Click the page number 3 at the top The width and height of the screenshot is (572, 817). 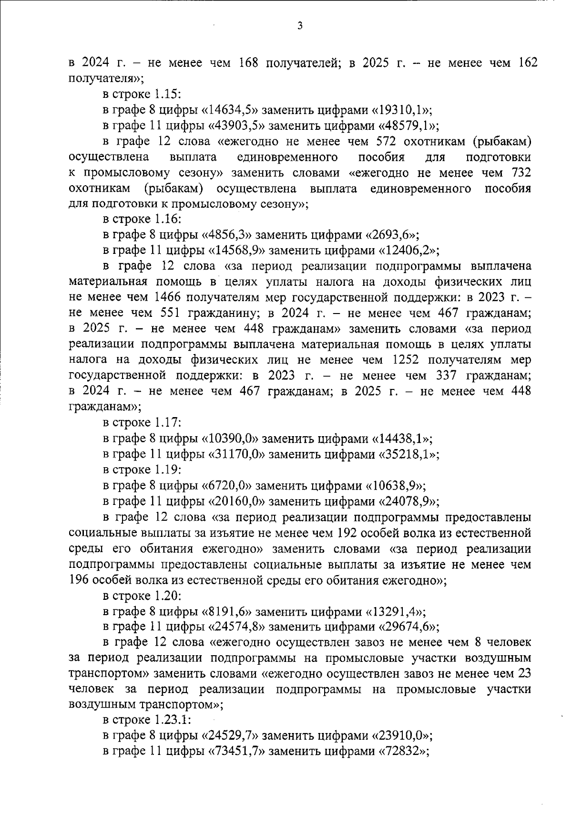299,26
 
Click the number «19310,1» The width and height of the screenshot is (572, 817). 401,110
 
